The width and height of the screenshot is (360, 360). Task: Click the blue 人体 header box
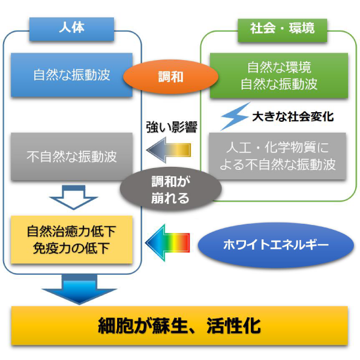(71, 29)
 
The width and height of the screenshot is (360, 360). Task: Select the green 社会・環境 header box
(282, 31)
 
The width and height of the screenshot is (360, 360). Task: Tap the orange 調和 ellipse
(170, 77)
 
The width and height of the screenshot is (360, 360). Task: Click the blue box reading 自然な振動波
(71, 75)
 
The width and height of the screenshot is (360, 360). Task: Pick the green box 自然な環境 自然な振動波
(279, 76)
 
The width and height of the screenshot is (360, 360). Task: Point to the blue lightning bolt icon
(235, 116)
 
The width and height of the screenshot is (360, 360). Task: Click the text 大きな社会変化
(293, 116)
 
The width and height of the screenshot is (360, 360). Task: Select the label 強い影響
(172, 127)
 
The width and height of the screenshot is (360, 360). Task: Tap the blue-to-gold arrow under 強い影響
(169, 150)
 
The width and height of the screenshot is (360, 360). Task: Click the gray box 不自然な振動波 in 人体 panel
(71, 157)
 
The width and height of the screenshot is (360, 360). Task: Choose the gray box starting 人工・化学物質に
(277, 156)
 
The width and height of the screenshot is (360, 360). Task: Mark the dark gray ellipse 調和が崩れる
(170, 190)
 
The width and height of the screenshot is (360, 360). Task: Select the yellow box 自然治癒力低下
(71, 239)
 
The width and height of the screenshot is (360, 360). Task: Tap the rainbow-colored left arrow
(167, 243)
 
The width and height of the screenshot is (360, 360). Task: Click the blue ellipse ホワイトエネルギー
(276, 245)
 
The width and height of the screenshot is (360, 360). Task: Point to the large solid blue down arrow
(79, 289)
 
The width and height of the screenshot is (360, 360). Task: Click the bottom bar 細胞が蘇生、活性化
(179, 326)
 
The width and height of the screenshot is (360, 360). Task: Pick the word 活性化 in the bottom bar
(233, 326)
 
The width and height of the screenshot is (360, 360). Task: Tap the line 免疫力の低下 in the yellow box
(71, 248)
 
